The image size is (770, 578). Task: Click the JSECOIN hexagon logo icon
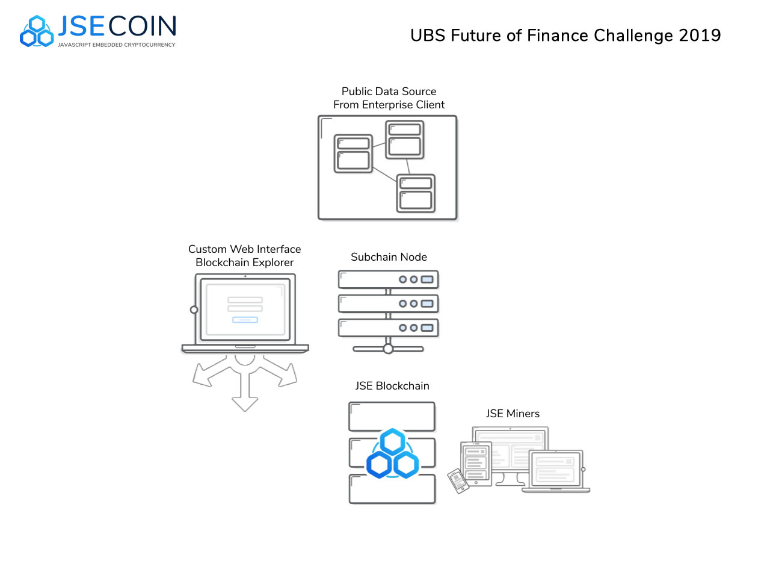tap(37, 31)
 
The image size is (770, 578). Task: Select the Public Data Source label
tap(389, 92)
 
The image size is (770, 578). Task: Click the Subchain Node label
tap(389, 257)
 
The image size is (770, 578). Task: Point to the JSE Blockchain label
tap(392, 386)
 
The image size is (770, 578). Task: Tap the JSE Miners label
tap(513, 414)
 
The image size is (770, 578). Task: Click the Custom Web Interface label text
tap(244, 249)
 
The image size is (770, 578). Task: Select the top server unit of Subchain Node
tap(388, 279)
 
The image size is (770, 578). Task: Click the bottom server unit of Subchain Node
tap(388, 328)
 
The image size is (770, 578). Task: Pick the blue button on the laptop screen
tap(245, 320)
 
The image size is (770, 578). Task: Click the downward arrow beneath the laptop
tap(245, 397)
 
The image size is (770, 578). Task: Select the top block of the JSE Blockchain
tap(392, 417)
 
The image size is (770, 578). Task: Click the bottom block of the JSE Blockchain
tap(392, 489)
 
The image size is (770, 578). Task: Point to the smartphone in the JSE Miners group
tap(458, 480)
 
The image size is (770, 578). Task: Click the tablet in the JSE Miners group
tap(476, 463)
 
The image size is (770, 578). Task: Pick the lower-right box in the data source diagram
tap(416, 193)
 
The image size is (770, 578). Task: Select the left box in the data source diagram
tap(353, 154)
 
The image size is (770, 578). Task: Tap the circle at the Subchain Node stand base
tap(388, 349)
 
